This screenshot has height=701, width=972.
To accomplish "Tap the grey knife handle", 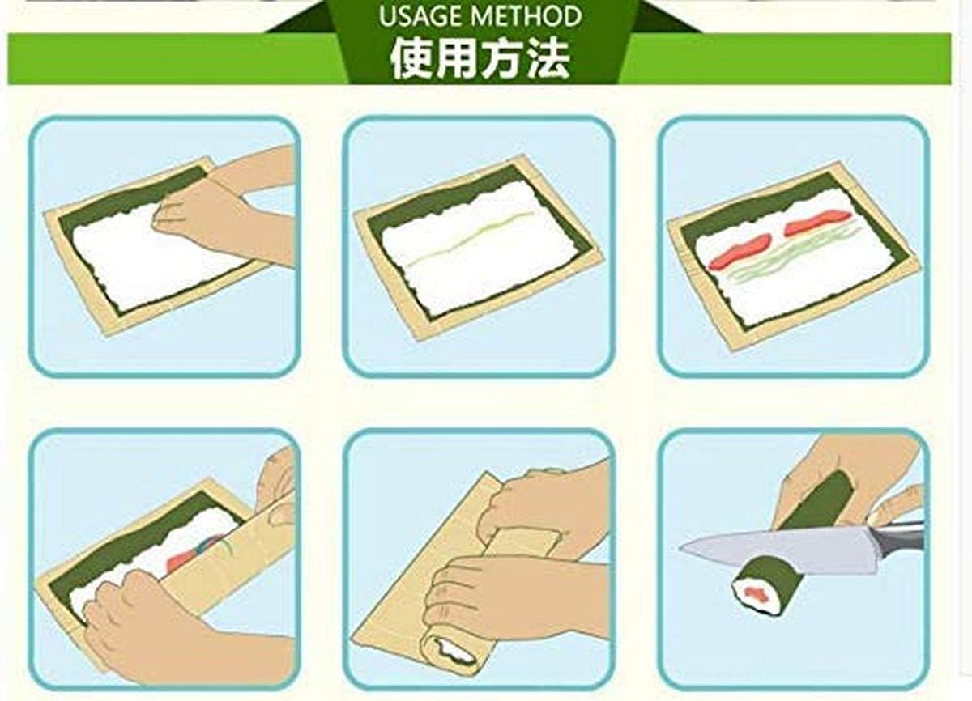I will pyautogui.click(x=899, y=539).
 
